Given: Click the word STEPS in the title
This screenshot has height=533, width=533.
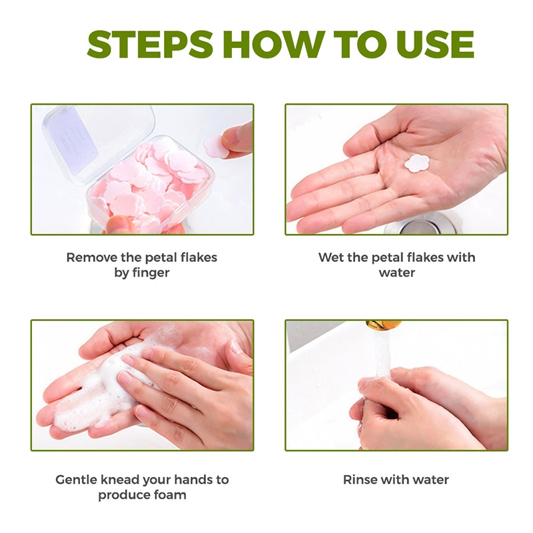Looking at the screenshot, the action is coord(150,44).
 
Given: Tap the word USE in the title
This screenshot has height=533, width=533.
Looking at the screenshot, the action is coord(435,44).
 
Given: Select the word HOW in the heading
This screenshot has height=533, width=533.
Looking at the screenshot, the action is coord(274,44).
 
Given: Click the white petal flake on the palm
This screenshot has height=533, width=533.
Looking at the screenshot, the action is coord(417,163).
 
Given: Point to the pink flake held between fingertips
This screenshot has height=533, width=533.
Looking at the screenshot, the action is coord(216,146).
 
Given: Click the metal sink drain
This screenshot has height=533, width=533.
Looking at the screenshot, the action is coord(418,226).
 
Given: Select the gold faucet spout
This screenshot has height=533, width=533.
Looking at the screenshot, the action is coord(384,324).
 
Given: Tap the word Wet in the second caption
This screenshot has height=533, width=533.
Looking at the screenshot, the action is coord(329,257).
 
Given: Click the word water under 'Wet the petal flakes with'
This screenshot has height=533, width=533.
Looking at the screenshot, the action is coord(396,272).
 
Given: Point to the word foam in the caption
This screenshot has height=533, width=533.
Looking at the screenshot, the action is coord(170,494).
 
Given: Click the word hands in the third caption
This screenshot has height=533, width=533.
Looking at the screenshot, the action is coord(194,480).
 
